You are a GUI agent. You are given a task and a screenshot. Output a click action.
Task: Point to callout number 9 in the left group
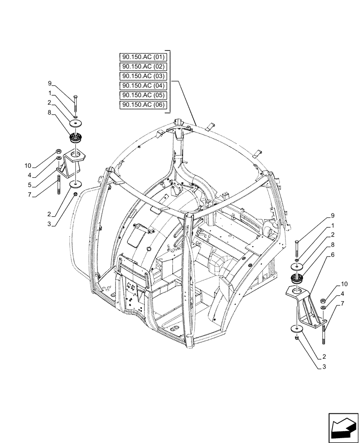[51, 83]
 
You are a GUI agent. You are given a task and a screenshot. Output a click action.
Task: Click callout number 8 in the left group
[51, 113]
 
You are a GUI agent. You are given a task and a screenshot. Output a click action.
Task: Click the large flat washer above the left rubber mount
[77, 122]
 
